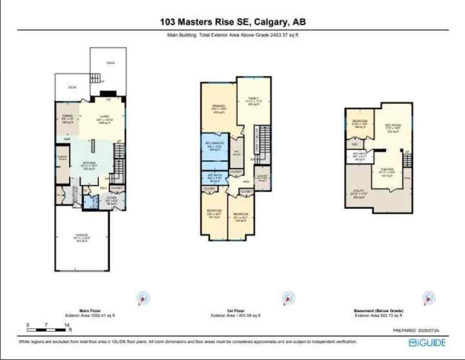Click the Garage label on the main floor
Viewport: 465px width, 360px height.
[x=82, y=235]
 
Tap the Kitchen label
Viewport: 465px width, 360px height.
[x=90, y=163]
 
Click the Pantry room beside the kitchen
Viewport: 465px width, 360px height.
[x=62, y=159]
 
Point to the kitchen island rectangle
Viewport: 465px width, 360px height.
[x=93, y=145]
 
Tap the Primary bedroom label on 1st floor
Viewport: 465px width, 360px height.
[x=219, y=106]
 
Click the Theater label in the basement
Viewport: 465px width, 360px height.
[x=387, y=169]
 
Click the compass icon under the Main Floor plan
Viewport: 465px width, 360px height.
[x=143, y=297]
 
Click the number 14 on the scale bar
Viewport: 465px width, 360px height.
[x=67, y=325]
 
